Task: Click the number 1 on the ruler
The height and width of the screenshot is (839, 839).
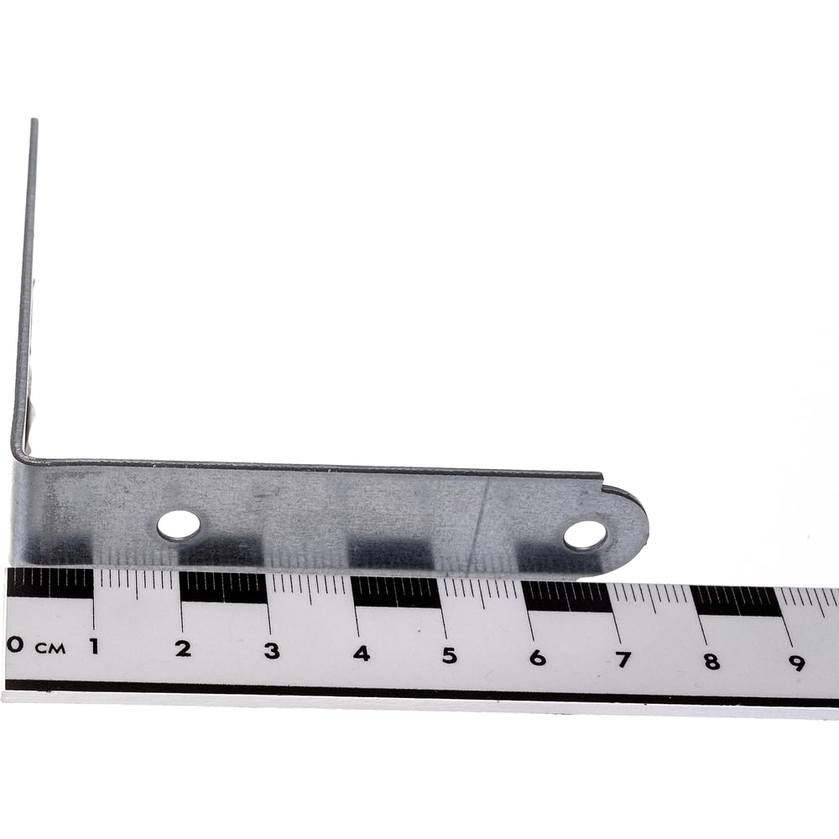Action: [95, 646]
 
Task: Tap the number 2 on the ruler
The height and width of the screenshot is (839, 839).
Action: [183, 649]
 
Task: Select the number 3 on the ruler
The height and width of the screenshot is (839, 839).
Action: [272, 651]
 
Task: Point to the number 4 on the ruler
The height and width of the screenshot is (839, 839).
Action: [361, 653]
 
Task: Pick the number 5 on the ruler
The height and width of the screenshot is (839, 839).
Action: [450, 655]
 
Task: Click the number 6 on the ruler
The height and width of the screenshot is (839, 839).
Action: [538, 658]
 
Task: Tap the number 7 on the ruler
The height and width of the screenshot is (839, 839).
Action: [623, 659]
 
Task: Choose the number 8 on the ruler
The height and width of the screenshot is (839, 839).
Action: [711, 662]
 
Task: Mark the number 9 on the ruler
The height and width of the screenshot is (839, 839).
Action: [797, 664]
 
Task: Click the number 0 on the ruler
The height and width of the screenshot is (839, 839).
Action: [15, 644]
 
